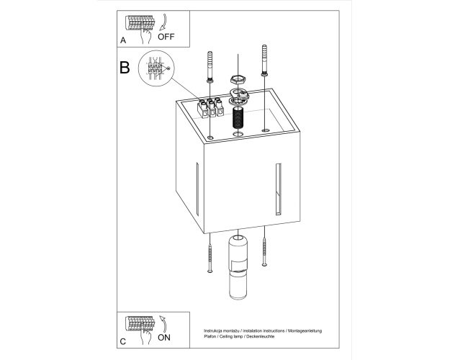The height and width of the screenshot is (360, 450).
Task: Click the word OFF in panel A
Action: [x=166, y=37]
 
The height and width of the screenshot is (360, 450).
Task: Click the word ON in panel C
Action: [x=164, y=338]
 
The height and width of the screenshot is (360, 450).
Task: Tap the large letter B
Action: [x=125, y=68]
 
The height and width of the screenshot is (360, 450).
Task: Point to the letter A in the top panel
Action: [x=123, y=40]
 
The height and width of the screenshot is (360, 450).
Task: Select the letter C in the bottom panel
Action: [x=123, y=341]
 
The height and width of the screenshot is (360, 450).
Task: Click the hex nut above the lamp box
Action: [x=237, y=79]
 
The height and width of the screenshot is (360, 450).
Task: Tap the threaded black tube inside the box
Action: [x=238, y=117]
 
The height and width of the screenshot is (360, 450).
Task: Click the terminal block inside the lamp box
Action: [x=211, y=108]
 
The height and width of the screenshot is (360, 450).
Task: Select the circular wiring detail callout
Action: [x=156, y=68]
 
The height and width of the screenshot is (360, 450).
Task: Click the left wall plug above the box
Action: [x=210, y=68]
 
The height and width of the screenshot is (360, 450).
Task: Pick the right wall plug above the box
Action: [x=265, y=60]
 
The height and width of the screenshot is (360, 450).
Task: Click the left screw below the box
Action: [x=210, y=258]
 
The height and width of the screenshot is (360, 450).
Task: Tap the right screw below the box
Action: [x=264, y=252]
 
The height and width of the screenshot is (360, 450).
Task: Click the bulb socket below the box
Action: [x=238, y=267]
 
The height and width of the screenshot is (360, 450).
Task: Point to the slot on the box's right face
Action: [x=279, y=189]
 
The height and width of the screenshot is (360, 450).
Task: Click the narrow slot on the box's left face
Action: [x=197, y=189]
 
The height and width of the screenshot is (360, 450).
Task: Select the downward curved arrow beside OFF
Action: [x=163, y=22]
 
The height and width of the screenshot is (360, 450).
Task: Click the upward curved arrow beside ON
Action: [x=163, y=323]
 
